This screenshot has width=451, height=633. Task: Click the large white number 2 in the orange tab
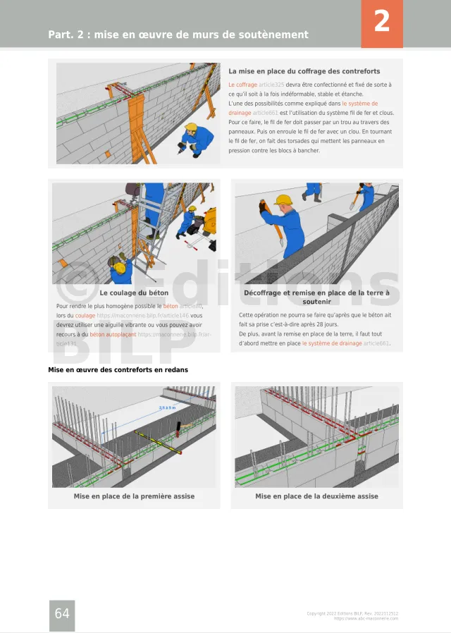point(381,22)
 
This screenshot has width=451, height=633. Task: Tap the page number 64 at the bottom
point(62,614)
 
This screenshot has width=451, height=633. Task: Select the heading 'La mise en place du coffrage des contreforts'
point(304,71)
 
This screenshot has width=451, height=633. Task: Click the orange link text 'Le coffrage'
point(242,85)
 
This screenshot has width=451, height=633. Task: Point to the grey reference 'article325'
point(271,85)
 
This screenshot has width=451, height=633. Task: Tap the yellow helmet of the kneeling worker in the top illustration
point(191,128)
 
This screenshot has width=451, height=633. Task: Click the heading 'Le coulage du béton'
point(134,293)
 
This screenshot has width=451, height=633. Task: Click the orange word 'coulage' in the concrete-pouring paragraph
point(85,316)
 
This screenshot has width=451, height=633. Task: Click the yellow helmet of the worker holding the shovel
point(283,200)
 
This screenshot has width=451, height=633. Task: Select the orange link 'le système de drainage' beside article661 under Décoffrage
point(332,343)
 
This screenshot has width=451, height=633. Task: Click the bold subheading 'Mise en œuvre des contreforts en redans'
point(118,369)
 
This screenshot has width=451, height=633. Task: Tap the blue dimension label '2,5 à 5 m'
point(167,408)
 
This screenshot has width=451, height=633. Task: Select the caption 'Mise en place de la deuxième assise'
point(316,496)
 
